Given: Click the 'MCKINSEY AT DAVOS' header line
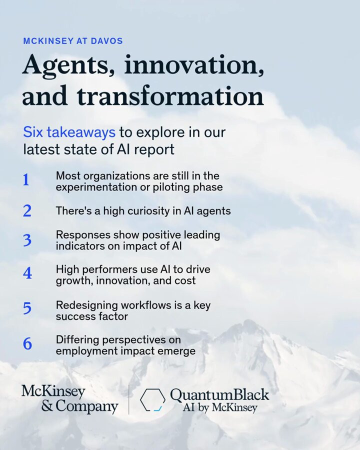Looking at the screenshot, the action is pyautogui.click(x=73, y=41).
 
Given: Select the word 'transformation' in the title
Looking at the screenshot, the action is pyautogui.click(x=170, y=95).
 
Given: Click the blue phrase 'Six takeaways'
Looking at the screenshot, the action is pyautogui.click(x=69, y=132).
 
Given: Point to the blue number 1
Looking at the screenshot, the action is pyautogui.click(x=26, y=180).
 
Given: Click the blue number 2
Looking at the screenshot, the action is pyautogui.click(x=27, y=211).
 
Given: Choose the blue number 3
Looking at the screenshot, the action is pyautogui.click(x=27, y=240).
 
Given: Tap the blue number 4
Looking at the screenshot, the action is pyautogui.click(x=27, y=273).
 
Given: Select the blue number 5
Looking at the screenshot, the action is pyautogui.click(x=27, y=308).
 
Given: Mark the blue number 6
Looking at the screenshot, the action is pyautogui.click(x=27, y=343).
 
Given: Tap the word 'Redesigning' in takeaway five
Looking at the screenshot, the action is pyautogui.click(x=86, y=305).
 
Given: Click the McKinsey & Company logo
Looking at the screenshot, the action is pyautogui.click(x=69, y=399).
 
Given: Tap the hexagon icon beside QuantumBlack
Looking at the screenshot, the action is pyautogui.click(x=152, y=400).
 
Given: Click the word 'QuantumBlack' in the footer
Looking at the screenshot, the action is pyautogui.click(x=219, y=394).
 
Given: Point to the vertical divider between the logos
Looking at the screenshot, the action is pyautogui.click(x=128, y=400).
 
